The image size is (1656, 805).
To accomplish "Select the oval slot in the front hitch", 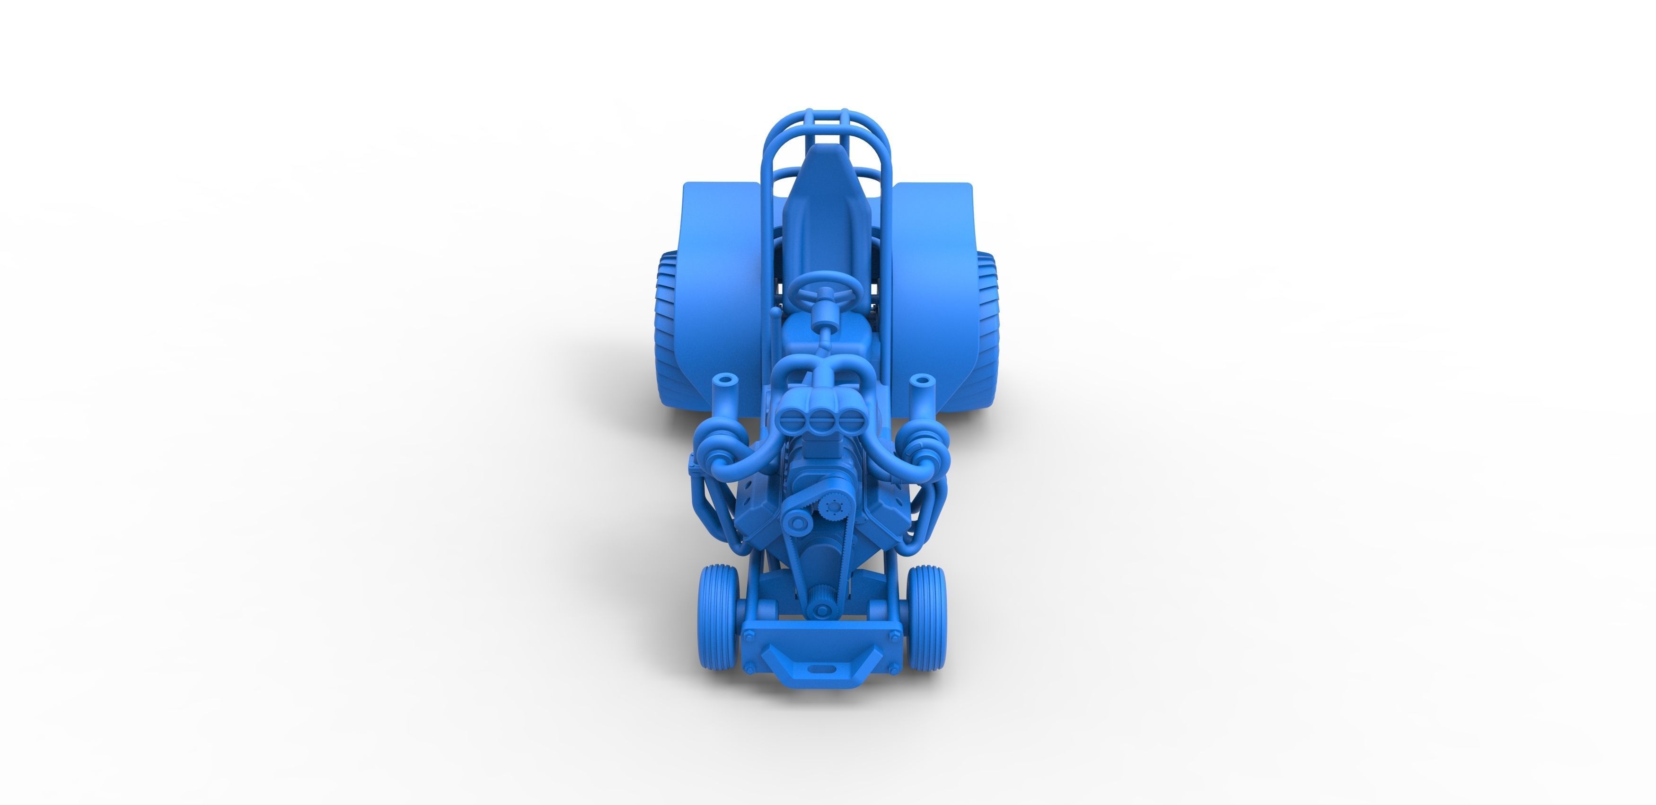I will (x=819, y=669).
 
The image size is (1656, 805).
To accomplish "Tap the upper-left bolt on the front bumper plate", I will (x=749, y=637).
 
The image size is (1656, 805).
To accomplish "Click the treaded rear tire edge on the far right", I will (x=988, y=321).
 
